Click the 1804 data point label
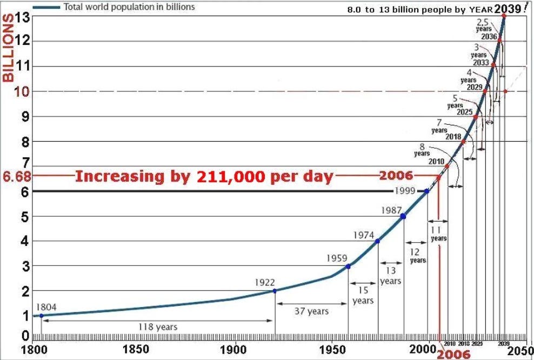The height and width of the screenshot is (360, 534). point(46,307)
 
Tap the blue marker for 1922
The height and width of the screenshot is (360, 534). point(275,291)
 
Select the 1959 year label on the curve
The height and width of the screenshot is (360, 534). point(337,258)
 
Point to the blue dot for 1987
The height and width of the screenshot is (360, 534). point(403,216)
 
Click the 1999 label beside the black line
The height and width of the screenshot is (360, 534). point(405,191)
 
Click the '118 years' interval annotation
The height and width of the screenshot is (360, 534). point(158,327)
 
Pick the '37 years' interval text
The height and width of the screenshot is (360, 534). point(312,311)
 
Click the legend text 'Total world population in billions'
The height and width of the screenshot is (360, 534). point(129,8)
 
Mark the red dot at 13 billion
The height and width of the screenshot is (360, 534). point(504,16)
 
